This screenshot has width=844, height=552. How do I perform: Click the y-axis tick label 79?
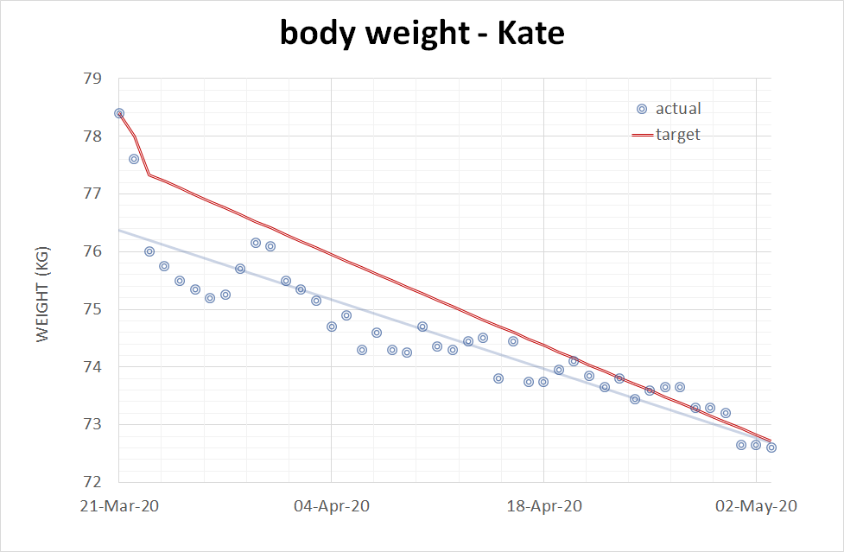point(92,79)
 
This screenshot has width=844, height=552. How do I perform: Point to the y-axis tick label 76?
point(92,251)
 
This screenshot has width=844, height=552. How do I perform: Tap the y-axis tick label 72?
point(92,482)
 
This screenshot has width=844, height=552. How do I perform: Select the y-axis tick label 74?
point(92,367)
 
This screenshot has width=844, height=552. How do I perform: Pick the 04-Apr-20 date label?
point(331,506)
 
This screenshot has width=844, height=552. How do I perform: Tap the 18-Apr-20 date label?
point(543,506)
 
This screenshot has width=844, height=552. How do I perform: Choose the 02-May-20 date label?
point(756,506)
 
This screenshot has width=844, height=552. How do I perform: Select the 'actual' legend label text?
point(678,109)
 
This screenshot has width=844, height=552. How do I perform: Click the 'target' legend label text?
point(678,135)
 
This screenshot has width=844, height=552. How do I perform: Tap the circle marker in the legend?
point(642,109)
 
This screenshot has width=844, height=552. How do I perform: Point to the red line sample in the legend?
point(642,135)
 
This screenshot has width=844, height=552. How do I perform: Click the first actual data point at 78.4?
point(119,113)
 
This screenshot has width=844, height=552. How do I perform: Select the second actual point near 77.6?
point(134,159)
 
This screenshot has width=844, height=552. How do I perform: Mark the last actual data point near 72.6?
point(771,447)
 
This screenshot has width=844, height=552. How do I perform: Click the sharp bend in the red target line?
point(149,175)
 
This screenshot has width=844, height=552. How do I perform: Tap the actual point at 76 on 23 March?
point(149,251)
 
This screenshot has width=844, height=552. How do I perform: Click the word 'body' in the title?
point(317,34)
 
